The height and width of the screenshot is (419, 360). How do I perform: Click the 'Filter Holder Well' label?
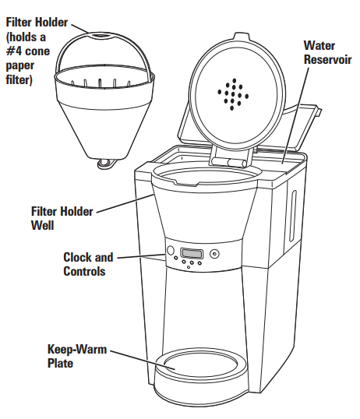coord(62,217)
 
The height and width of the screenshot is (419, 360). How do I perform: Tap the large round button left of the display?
coord(169,252)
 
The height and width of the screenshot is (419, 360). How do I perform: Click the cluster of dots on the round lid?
coord(232,93)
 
